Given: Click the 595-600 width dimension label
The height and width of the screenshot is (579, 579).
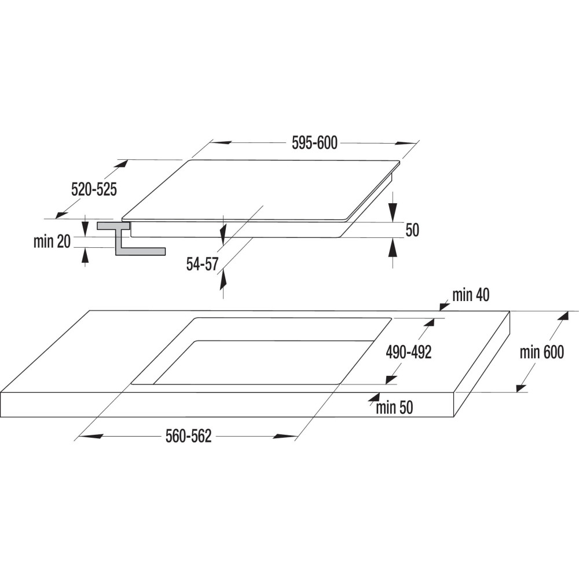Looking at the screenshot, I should tap(315, 143).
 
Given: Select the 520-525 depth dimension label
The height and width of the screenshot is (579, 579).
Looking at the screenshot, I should tap(94, 189).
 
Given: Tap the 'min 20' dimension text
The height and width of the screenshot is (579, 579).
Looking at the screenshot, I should tap(52, 242).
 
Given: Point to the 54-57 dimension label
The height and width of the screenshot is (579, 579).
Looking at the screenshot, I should tap(201, 264).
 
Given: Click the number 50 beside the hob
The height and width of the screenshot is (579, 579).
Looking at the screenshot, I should tap(412, 230).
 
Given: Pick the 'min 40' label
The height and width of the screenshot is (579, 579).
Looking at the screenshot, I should tap(471, 295).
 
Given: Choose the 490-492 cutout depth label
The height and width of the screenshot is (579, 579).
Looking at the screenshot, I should tap(409, 352).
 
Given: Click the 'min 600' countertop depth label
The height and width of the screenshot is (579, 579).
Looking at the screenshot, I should tap(541, 352).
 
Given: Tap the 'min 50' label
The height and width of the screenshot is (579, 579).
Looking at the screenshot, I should tap(394, 408).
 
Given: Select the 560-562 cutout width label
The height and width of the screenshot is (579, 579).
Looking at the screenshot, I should tap(189, 437).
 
